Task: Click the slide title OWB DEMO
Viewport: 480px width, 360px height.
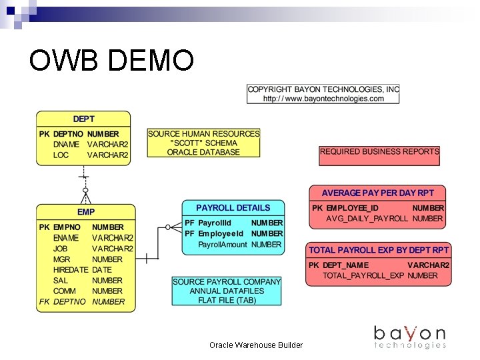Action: tap(111, 61)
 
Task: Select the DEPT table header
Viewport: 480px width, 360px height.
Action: tap(83, 119)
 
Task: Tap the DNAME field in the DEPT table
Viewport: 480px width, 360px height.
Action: tap(67, 145)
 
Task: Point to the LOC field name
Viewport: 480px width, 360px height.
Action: tap(61, 155)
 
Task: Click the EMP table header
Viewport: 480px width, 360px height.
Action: tap(86, 212)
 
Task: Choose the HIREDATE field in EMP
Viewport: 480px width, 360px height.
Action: tap(71, 270)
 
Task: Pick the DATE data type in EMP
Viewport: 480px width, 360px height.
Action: tap(102, 270)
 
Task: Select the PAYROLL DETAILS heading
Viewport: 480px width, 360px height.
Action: tap(233, 208)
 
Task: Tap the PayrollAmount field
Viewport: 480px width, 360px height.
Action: tap(223, 245)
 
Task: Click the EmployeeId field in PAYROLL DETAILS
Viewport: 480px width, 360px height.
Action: tap(221, 234)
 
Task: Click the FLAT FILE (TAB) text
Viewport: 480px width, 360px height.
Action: tap(227, 301)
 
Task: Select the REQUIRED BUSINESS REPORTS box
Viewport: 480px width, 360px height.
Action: tap(379, 152)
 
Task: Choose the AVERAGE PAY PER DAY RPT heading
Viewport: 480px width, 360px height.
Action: tap(377, 193)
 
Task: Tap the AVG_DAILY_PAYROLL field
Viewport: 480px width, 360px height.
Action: tap(367, 219)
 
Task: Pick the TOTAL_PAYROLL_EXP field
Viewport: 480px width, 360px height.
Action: tap(364, 276)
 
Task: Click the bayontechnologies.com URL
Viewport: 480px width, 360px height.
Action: tap(323, 99)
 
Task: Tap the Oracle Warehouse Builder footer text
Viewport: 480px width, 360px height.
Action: tap(256, 345)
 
